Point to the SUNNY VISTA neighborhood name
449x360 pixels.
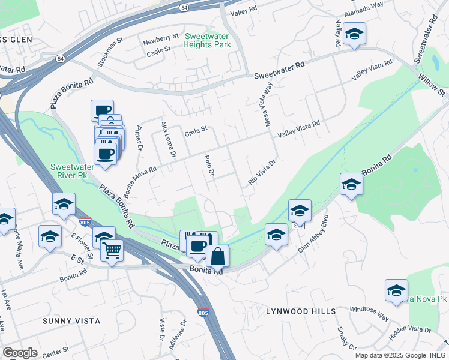click(71, 321)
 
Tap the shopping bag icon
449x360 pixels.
click(217, 256)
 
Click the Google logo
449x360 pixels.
click(19, 352)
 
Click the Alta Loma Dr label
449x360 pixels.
click(167, 140)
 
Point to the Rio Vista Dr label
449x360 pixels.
click(262, 172)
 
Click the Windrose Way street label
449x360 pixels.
click(370, 313)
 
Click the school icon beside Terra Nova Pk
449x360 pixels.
click(396, 290)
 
